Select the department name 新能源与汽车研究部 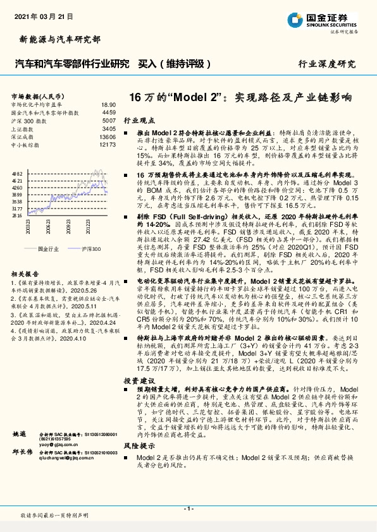coord(56,40)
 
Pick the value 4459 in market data coord(109,112)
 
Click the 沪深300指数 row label coord(29,120)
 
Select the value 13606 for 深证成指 coord(107,136)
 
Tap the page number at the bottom coord(188,509)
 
